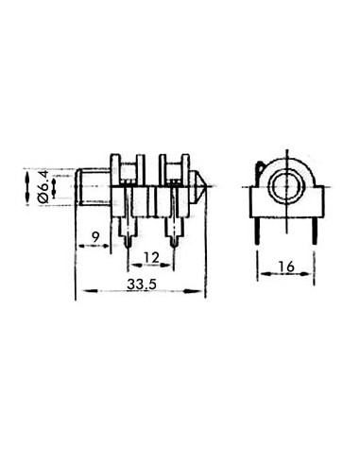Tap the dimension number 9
click(x=95, y=236)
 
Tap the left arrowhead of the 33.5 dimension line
click(x=79, y=290)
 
